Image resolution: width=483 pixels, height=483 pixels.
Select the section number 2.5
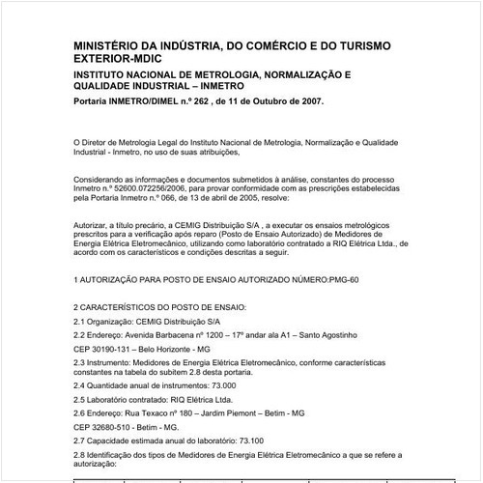coord(80,398)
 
